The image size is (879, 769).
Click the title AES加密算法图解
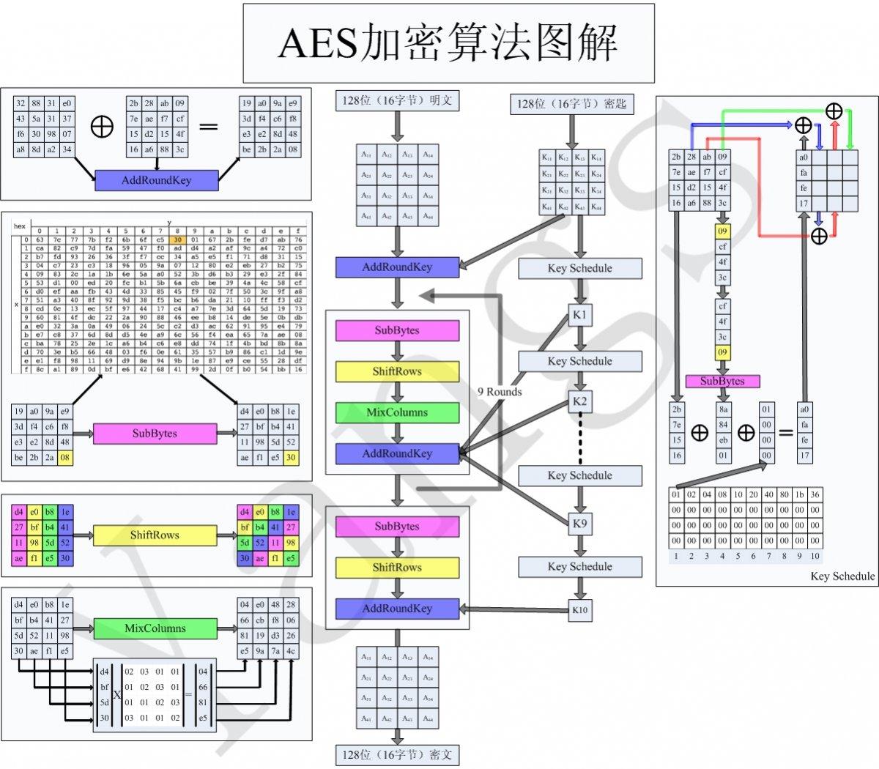[x=448, y=43]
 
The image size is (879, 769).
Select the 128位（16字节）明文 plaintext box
[x=397, y=101]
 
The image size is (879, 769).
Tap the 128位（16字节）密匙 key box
[x=571, y=104]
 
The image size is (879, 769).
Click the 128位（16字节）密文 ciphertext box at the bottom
[x=397, y=754]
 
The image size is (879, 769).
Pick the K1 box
[x=579, y=315]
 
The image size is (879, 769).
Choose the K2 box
[x=579, y=401]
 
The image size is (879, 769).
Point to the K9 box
[x=579, y=524]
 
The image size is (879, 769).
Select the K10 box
[x=579, y=610]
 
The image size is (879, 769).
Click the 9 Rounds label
[x=500, y=392]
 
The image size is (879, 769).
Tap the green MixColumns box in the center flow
[x=397, y=412]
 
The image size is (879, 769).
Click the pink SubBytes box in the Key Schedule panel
[x=722, y=381]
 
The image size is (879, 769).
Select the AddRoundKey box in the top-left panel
[x=156, y=180]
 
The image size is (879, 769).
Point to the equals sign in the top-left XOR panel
[x=209, y=127]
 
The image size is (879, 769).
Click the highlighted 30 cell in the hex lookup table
[x=177, y=239]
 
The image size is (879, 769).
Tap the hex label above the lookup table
[x=20, y=226]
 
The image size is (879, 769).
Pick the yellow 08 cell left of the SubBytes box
[x=65, y=458]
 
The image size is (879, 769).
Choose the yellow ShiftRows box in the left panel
[x=155, y=535]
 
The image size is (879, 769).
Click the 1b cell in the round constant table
[x=799, y=494]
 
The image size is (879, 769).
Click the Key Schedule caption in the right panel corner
[x=842, y=576]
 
